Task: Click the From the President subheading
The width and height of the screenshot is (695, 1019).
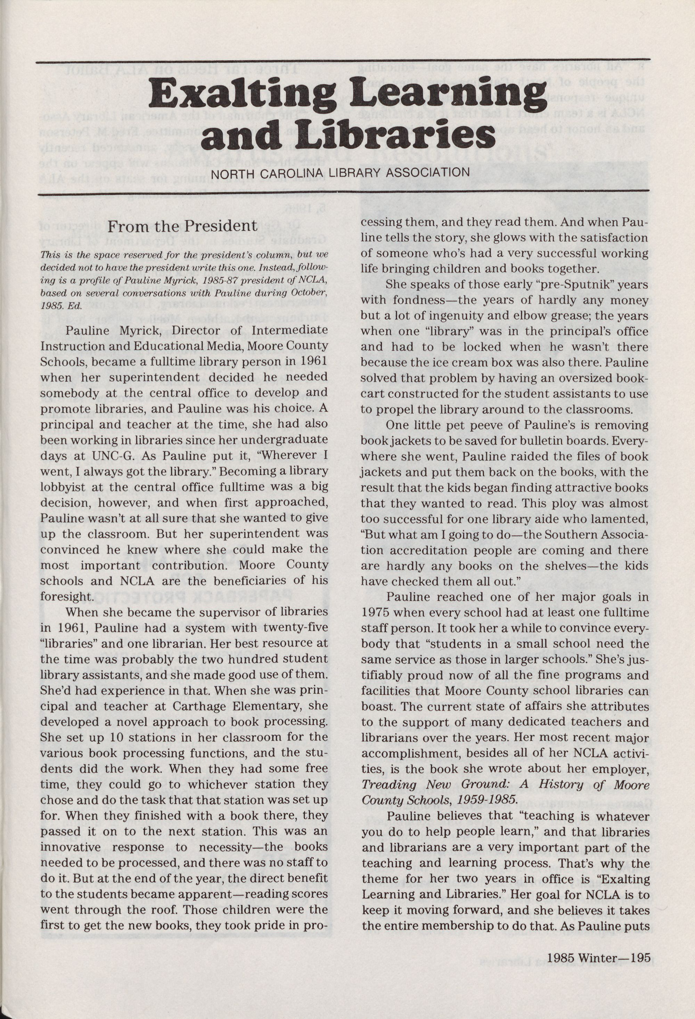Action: pyautogui.click(x=182, y=227)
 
